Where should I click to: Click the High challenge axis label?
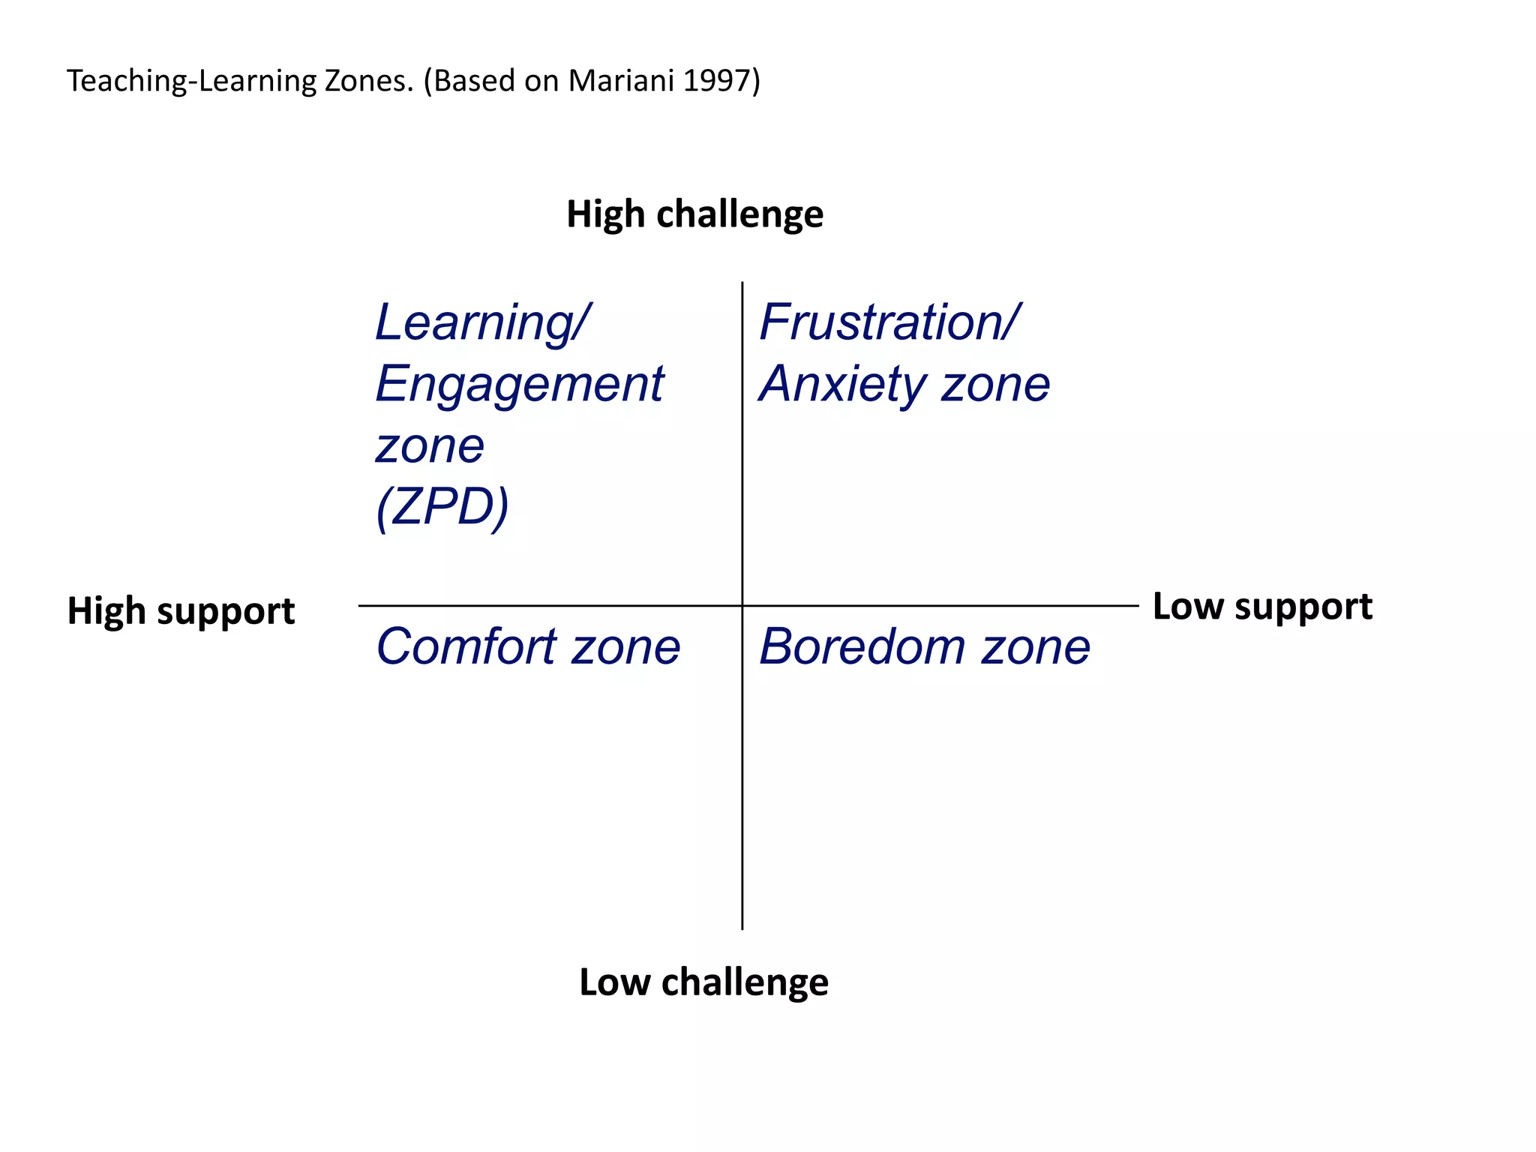[694, 214]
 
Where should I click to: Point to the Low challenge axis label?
[703, 982]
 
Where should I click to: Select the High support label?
[181, 610]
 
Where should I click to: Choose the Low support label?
[1262, 606]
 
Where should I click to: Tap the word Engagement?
[519, 384]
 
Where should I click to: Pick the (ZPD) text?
[442, 507]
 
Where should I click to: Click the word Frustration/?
[889, 322]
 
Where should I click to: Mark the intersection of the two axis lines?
[742, 605]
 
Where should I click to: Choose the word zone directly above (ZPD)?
[430, 446]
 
